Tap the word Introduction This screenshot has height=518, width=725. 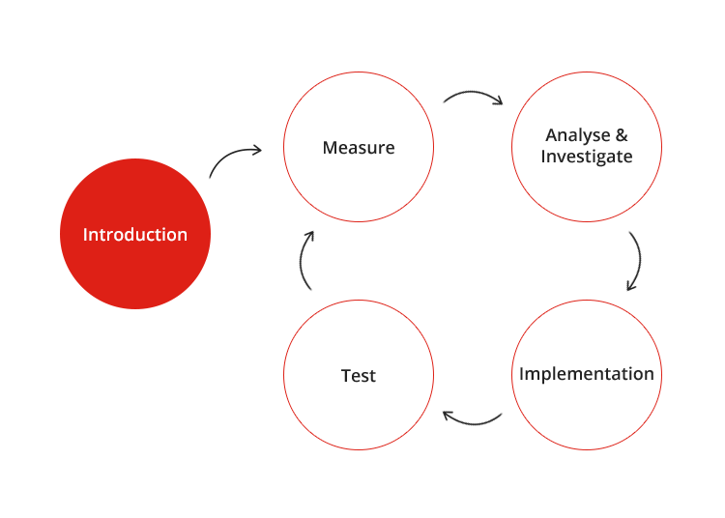tap(135, 235)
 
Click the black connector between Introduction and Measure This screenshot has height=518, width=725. tap(235, 161)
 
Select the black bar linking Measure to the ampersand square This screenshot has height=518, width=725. tap(473, 98)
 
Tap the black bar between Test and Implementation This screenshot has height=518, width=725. tap(473, 418)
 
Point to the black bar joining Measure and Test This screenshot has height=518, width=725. tap(306, 261)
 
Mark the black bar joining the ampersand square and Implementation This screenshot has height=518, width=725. tap(634, 261)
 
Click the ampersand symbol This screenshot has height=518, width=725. tap(623, 134)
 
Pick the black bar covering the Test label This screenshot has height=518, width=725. tap(359, 376)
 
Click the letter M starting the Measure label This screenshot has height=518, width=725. tap(330, 148)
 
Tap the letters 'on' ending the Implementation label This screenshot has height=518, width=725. tap(644, 374)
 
